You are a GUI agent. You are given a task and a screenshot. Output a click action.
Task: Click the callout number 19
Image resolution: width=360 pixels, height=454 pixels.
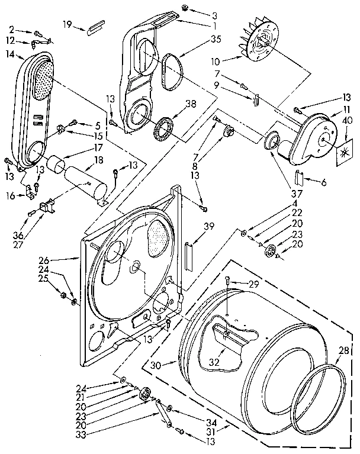point(67,24)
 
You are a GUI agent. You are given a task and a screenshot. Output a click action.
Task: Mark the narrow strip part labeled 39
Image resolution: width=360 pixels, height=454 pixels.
point(188,255)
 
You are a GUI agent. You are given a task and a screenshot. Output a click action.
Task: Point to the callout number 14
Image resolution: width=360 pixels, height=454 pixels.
point(9,53)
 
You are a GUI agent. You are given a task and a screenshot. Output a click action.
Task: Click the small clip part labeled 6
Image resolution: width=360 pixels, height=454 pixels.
point(300,176)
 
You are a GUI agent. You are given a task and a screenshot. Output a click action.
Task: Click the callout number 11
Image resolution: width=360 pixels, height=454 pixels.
point(341,110)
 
